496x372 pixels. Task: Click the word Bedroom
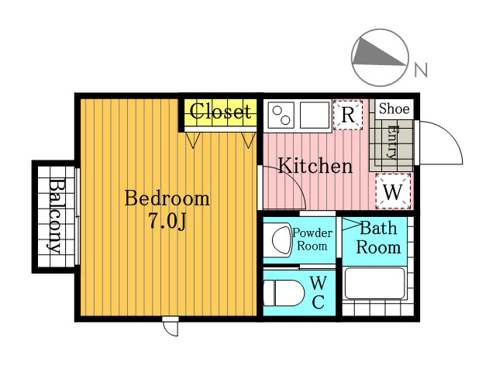pyautogui.click(x=167, y=198)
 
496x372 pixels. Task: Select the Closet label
pyautogui.click(x=220, y=111)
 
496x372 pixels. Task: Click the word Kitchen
pyautogui.click(x=315, y=165)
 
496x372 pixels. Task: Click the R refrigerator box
pyautogui.click(x=348, y=115)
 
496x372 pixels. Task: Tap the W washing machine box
pyautogui.click(x=393, y=191)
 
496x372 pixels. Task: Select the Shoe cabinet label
pyautogui.click(x=394, y=108)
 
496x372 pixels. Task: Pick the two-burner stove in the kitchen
pyautogui.click(x=281, y=115)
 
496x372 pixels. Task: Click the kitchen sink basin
pyautogui.click(x=315, y=115)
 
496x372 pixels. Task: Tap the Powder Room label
pyautogui.click(x=312, y=239)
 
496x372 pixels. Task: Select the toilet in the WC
pyautogui.click(x=283, y=293)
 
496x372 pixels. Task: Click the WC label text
pyautogui.click(x=319, y=292)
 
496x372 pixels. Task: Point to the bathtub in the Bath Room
pyautogui.click(x=375, y=283)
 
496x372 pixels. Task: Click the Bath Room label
pyautogui.click(x=378, y=238)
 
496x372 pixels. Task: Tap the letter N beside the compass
pyautogui.click(x=421, y=70)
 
